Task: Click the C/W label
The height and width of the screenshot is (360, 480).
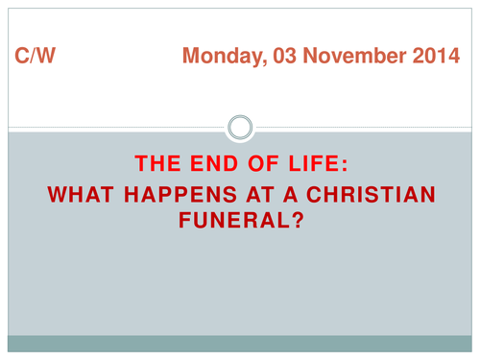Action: coord(36,58)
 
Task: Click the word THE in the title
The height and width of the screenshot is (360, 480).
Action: coord(157,162)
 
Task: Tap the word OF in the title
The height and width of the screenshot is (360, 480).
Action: coord(250,162)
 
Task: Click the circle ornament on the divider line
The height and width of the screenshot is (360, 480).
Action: coord(241,126)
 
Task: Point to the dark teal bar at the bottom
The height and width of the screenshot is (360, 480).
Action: coord(240,343)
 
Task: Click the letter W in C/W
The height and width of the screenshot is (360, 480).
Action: coord(45,58)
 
